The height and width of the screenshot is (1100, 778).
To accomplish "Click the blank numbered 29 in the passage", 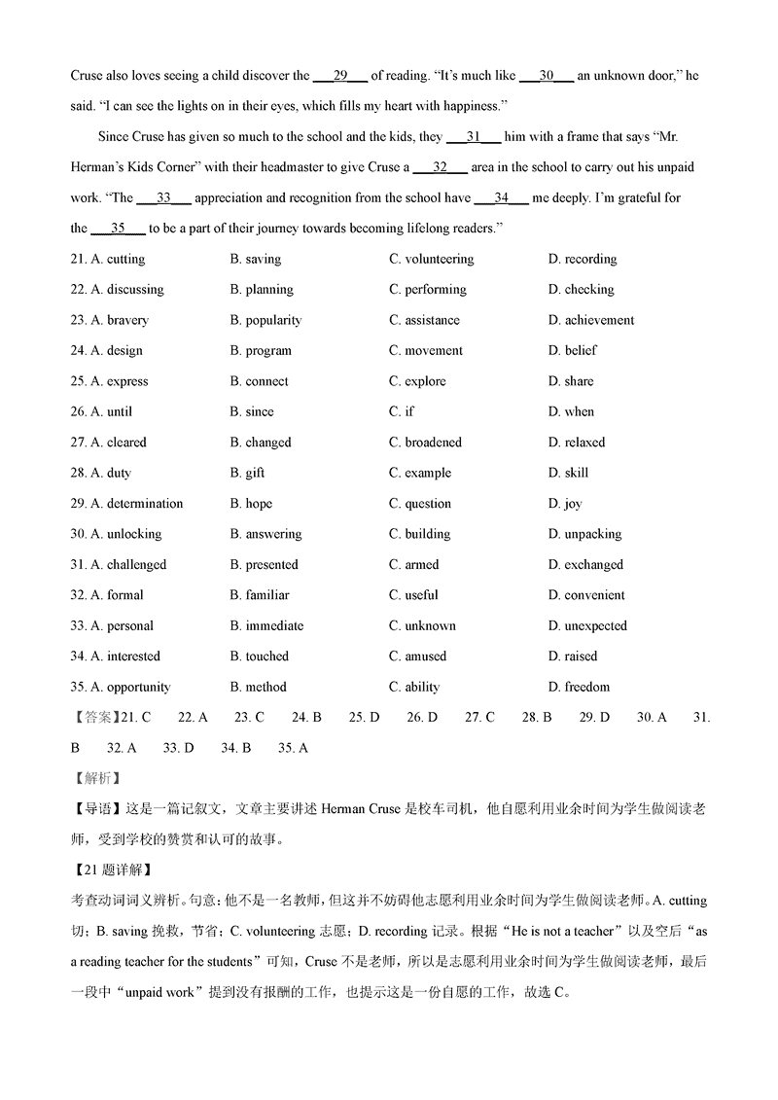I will (339, 76).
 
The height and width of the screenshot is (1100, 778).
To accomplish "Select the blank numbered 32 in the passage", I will (440, 167).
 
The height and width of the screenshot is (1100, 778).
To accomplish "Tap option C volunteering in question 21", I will (431, 260).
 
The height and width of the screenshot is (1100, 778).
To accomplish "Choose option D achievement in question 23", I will (591, 320).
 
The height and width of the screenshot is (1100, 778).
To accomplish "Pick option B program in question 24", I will (261, 351).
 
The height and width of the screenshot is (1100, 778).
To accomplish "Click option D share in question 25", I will (571, 381).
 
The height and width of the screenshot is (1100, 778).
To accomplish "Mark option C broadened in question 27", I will (425, 443).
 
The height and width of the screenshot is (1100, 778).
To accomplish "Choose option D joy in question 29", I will (565, 504).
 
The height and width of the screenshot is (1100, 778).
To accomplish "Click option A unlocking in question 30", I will (126, 534).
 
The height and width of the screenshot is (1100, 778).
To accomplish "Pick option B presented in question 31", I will (264, 565).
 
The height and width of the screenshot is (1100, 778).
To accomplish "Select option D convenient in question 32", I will (586, 595).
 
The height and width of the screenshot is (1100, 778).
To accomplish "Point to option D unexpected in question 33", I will (587, 626).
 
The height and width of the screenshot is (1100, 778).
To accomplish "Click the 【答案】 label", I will (92, 718).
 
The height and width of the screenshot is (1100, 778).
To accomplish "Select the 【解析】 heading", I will (92, 778).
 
